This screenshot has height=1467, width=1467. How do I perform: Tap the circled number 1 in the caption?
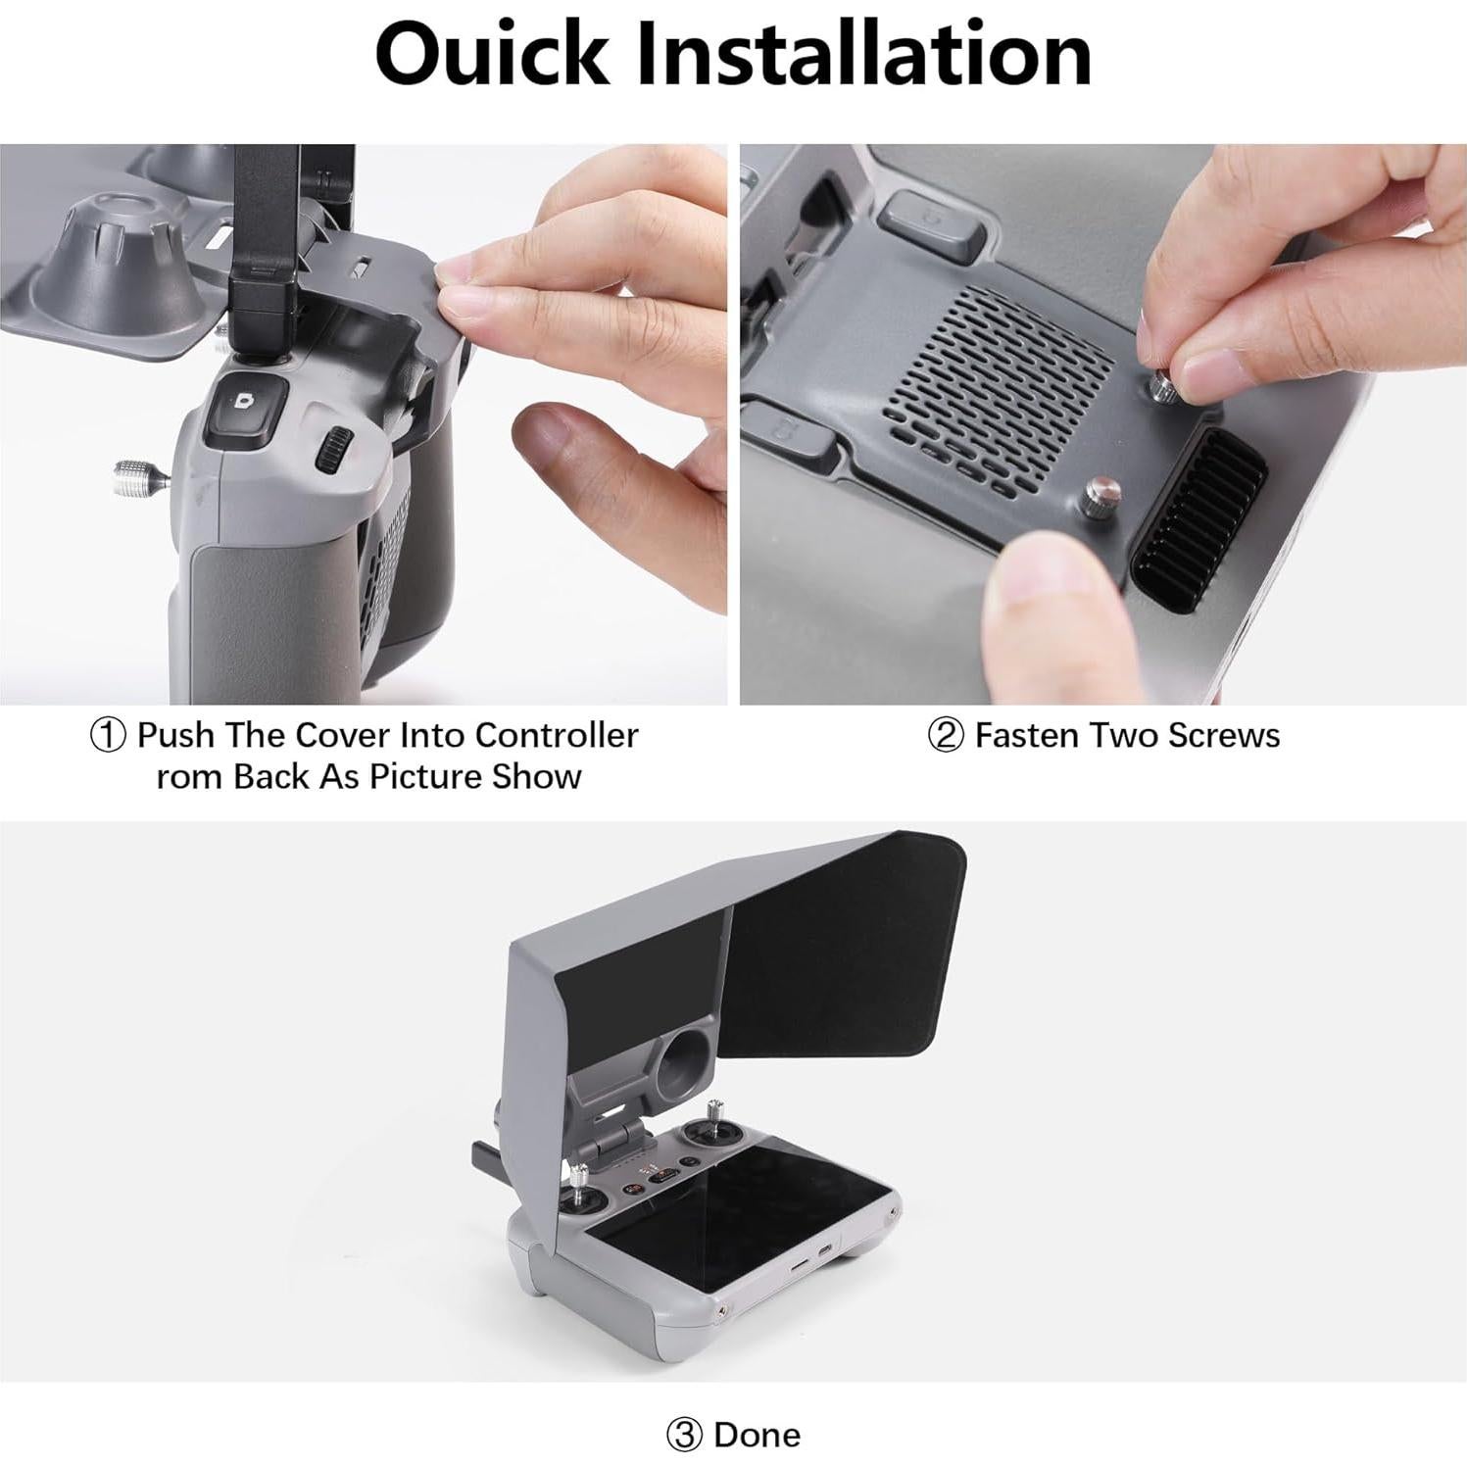(108, 735)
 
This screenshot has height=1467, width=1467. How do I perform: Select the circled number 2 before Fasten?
(945, 735)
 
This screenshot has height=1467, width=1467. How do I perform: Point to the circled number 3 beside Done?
(684, 1435)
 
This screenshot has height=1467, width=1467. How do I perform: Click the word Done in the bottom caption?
(758, 1435)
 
